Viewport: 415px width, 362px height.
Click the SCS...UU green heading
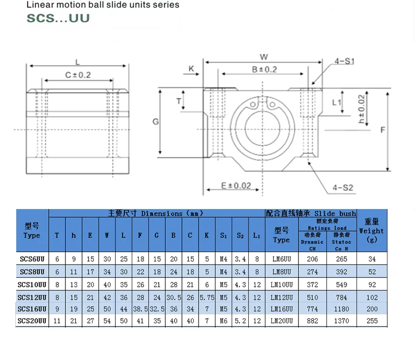click(x=58, y=18)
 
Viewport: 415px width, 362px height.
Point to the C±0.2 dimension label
click(x=78, y=75)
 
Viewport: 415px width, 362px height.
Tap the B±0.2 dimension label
click(x=264, y=69)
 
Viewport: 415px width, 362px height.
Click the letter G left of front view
click(x=155, y=121)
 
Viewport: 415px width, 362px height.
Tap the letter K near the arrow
click(x=191, y=69)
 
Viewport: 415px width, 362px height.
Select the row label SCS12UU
click(x=32, y=297)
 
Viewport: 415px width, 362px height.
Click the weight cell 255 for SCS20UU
click(x=372, y=321)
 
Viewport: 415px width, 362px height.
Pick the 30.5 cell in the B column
click(x=173, y=297)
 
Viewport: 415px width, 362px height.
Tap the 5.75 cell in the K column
click(x=207, y=297)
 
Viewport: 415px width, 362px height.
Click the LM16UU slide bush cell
click(x=282, y=309)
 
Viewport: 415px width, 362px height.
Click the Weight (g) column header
click(x=372, y=231)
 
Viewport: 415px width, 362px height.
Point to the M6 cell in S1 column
click(x=223, y=321)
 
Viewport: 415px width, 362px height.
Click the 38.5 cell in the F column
click(x=140, y=309)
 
